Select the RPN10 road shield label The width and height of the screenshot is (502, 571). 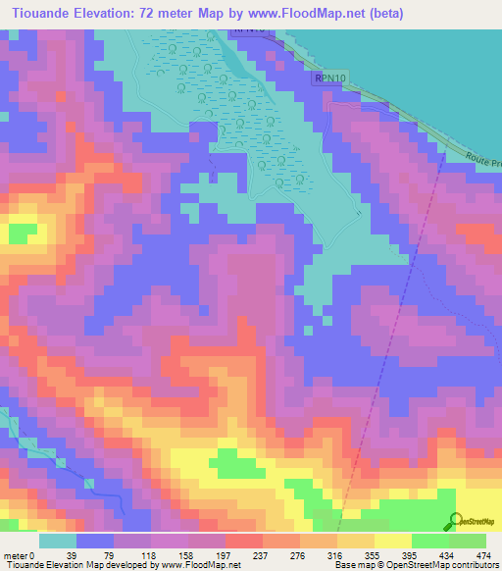[329, 76]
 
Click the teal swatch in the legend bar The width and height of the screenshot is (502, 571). [57, 541]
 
